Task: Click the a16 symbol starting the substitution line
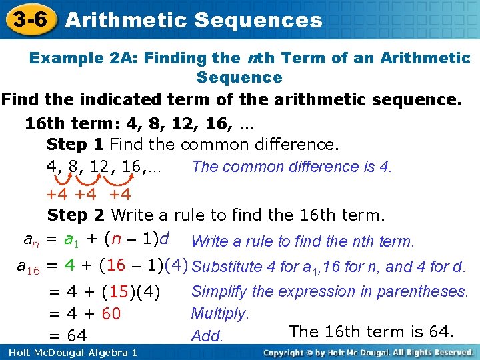pos(29,267)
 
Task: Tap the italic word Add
pos(206,336)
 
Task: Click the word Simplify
pos(219,291)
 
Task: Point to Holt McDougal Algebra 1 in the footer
pos(69,353)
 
